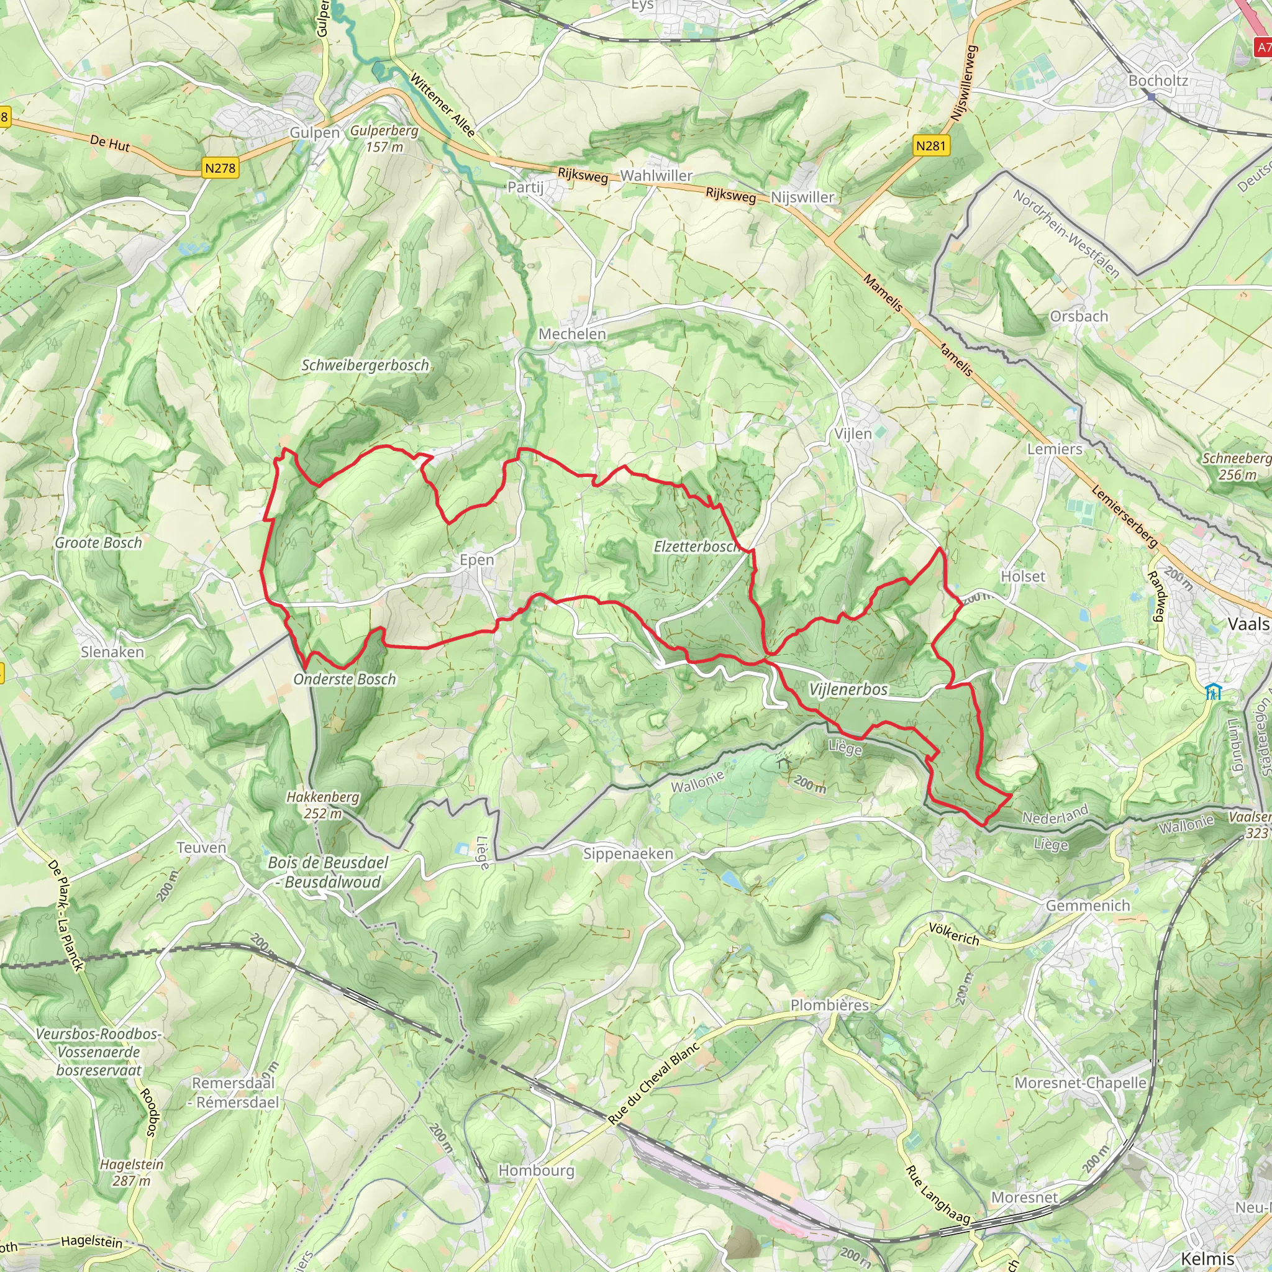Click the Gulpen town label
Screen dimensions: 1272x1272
(x=314, y=133)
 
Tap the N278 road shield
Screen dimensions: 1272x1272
(x=220, y=168)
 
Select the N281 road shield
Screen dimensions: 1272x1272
(x=931, y=145)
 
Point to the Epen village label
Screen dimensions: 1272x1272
(x=476, y=560)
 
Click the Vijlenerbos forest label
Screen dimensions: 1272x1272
(x=848, y=689)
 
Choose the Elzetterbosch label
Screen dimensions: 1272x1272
(x=695, y=547)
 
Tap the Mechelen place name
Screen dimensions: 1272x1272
(x=572, y=334)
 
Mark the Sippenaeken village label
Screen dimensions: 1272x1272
(x=628, y=854)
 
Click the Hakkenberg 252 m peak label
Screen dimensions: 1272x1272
(x=322, y=805)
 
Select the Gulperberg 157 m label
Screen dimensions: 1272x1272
(x=384, y=139)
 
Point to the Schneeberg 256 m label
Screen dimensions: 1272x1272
(x=1237, y=466)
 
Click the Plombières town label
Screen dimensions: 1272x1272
(x=830, y=1006)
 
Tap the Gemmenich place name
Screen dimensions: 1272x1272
(x=1088, y=906)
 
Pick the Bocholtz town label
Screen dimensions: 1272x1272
(x=1158, y=81)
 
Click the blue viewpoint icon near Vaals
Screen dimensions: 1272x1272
(x=1213, y=692)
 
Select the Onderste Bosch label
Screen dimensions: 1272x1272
(x=344, y=679)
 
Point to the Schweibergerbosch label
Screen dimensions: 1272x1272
(x=365, y=365)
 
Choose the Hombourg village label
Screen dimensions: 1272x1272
(x=536, y=1171)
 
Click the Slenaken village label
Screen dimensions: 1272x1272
(x=112, y=652)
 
